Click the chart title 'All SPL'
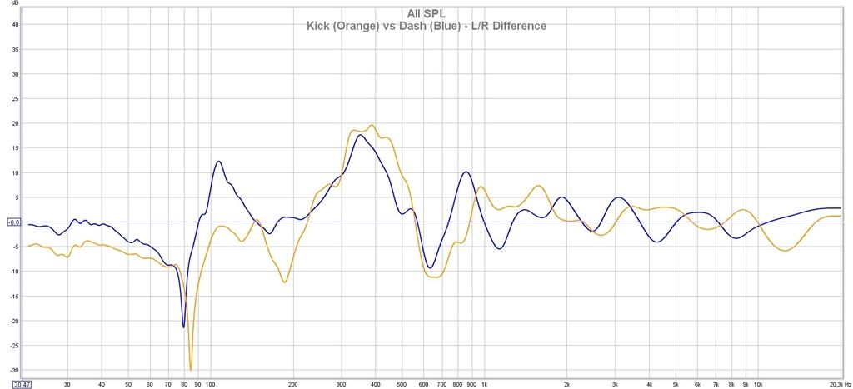coord(426,13)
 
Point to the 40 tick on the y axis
coord(15,24)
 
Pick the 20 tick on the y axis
coord(15,123)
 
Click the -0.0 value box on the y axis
coord(13,222)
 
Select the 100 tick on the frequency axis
coord(210,385)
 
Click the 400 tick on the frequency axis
coord(375,385)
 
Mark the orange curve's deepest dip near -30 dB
coord(191,369)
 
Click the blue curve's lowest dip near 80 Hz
coord(184,327)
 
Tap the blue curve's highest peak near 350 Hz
coord(358,135)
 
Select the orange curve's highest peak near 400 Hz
coord(372,125)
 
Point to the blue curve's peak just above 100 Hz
coord(218,161)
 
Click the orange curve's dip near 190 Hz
coord(285,282)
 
